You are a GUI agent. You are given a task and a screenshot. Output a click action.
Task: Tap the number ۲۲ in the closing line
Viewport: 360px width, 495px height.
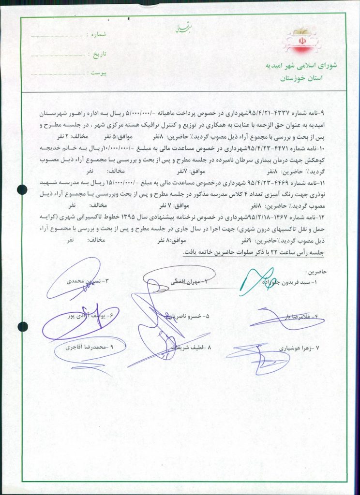[277, 252]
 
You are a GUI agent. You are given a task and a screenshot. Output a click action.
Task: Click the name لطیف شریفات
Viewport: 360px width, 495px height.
[191, 348]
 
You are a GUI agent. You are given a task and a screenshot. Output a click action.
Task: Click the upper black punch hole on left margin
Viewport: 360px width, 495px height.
[22, 190]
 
